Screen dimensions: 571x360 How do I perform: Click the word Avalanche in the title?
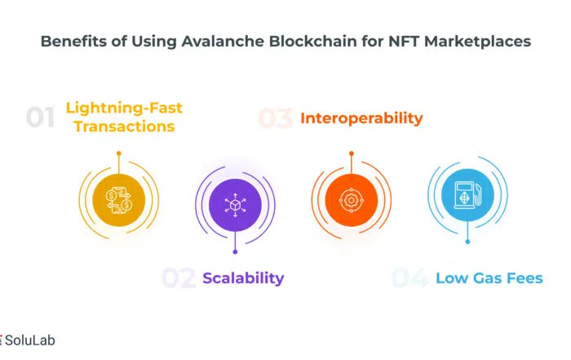point(223,41)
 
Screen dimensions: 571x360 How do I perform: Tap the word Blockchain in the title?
point(313,41)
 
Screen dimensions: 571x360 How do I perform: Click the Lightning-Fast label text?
point(124,109)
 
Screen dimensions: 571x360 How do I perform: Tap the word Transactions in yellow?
point(124,127)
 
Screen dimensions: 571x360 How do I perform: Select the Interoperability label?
point(361,118)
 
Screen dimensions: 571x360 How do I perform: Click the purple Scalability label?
point(243,278)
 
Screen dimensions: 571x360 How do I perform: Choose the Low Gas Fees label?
point(489,278)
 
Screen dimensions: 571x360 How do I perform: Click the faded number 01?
point(40,117)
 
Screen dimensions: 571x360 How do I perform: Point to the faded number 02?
point(179,278)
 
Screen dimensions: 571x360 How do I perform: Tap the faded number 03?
point(276,118)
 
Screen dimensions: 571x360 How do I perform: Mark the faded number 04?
point(409,278)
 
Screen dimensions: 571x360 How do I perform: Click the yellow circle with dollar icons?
point(119,200)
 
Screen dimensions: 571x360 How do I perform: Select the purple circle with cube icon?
point(235,205)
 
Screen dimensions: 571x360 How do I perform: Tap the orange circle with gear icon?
point(352,200)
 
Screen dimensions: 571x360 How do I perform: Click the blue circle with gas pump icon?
point(467,195)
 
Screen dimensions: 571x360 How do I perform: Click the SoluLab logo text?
point(30,340)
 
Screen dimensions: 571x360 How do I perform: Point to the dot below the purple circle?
point(235,251)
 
